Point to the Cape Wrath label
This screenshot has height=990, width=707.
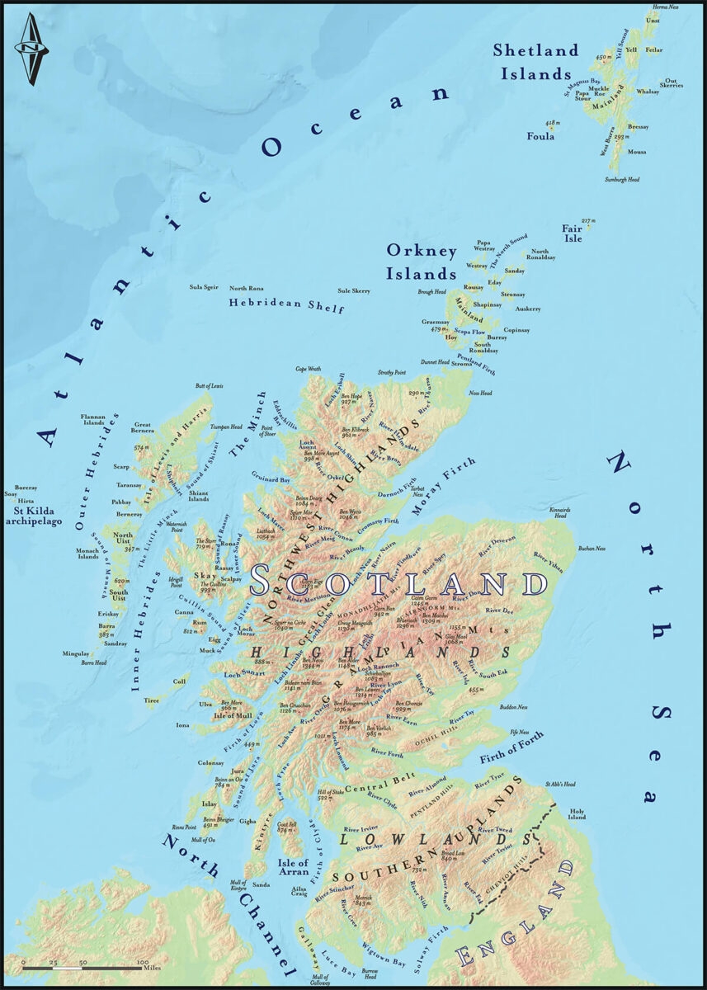click(308, 369)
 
